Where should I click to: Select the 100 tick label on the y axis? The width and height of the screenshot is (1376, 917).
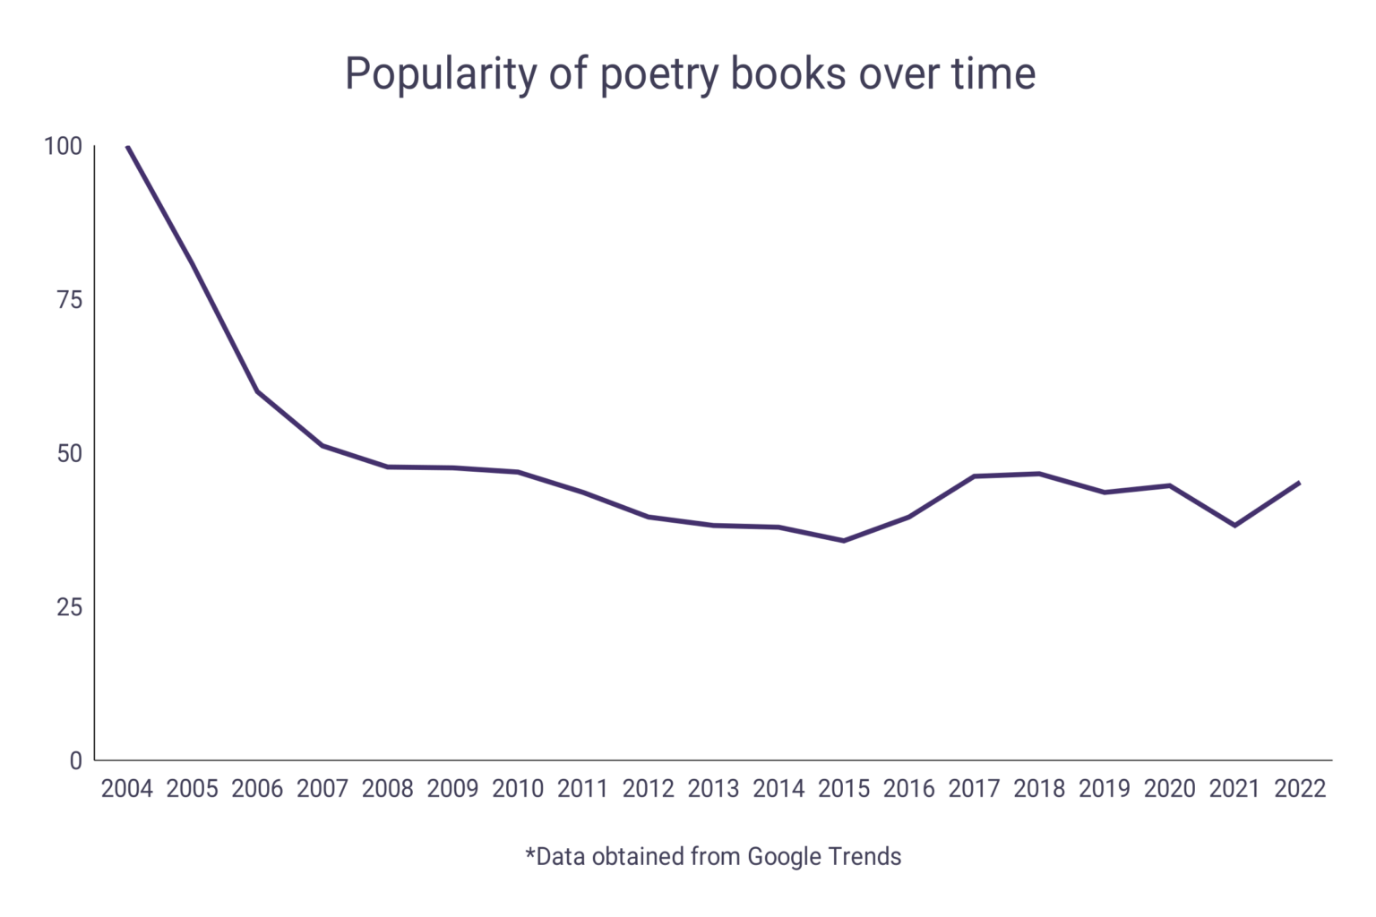click(63, 146)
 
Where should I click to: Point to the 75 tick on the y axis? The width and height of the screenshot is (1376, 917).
click(69, 300)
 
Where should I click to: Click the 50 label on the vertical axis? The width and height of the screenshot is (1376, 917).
click(69, 454)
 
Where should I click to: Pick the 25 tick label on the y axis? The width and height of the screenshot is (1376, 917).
click(69, 607)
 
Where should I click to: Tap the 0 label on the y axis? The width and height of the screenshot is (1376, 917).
click(75, 761)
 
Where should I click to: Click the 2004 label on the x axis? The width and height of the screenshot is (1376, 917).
click(127, 789)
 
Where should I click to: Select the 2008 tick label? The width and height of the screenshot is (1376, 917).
click(388, 789)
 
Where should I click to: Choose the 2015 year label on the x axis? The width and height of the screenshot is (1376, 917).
click(844, 789)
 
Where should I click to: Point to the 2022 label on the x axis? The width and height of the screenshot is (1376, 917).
click(1300, 789)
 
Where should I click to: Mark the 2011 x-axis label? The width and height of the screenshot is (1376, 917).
click(583, 789)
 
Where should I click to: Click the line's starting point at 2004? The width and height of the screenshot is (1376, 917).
click(128, 147)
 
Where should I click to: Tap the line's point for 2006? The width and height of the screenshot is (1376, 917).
click(258, 391)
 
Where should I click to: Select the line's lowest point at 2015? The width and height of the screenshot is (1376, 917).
click(844, 541)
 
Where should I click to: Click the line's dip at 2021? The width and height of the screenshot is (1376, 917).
click(1235, 526)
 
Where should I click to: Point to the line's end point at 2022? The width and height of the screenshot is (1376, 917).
click(1299, 484)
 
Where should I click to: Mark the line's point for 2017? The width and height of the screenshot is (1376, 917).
click(975, 476)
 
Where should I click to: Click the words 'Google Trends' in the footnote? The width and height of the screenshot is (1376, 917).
click(824, 857)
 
